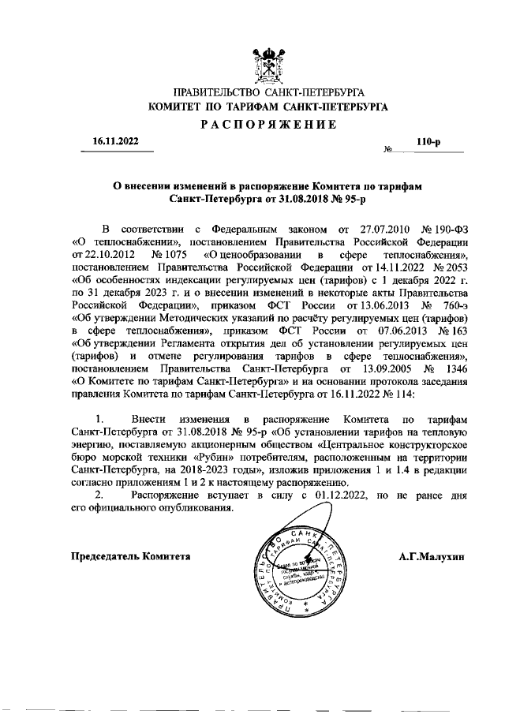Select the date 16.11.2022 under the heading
coord(115,141)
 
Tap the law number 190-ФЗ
coord(447,229)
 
